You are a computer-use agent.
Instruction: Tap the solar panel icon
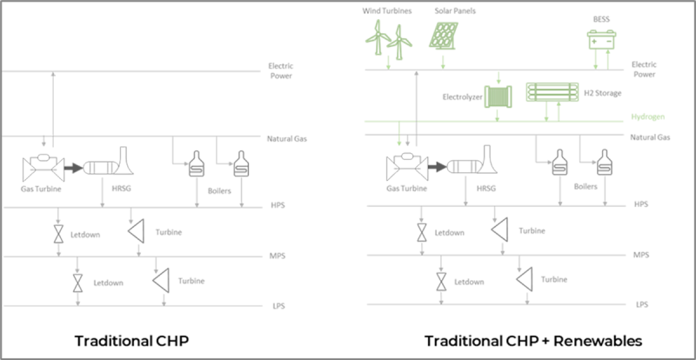point(445,36)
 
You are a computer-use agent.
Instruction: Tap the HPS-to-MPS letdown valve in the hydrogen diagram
point(422,231)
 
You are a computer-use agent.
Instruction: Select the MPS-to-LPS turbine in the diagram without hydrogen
point(161,280)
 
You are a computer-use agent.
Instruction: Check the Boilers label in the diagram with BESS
point(586,186)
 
